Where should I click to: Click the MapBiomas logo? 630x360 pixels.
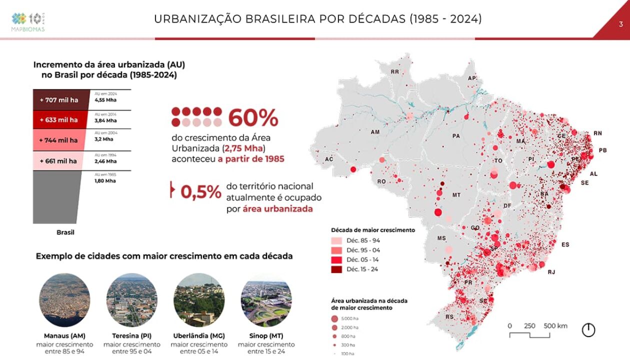point(28,21)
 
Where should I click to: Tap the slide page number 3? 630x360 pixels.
point(620,23)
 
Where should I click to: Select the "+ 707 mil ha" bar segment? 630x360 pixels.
point(59,100)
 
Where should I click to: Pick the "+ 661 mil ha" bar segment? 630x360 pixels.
point(58,161)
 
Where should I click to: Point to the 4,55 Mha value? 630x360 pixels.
point(105,100)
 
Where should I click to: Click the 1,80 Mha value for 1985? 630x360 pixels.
point(105,180)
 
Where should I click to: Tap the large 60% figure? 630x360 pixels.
point(253,118)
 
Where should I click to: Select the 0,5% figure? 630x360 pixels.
point(200,192)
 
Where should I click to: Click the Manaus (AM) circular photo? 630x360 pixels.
point(64,300)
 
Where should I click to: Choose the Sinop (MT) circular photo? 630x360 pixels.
point(266,300)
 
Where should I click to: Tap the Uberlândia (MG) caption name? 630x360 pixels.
point(199,335)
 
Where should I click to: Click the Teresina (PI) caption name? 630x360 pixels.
point(132,335)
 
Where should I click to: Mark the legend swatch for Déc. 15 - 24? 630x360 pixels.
point(336,269)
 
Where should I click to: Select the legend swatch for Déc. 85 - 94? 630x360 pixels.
point(336,240)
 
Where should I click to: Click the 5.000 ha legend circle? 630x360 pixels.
point(334,318)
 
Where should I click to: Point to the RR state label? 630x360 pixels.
point(395,72)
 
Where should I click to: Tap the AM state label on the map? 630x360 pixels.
point(375,132)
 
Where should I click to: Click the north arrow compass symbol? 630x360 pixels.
point(588,330)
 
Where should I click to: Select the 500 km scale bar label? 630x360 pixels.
point(555,326)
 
